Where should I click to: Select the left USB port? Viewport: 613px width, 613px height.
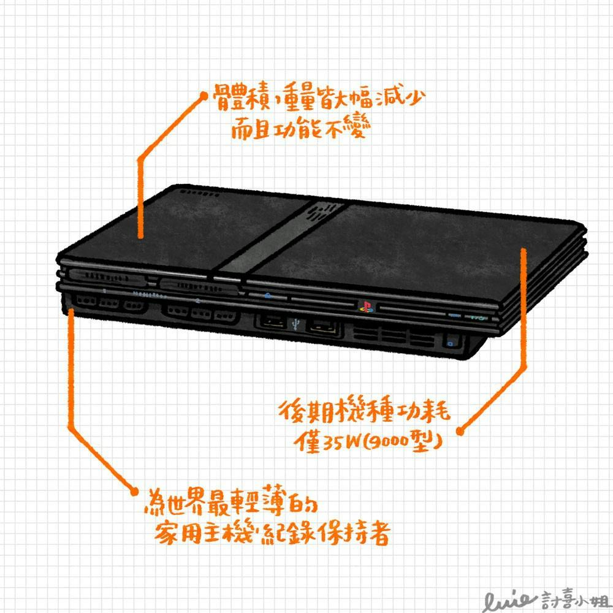pyautogui.click(x=273, y=322)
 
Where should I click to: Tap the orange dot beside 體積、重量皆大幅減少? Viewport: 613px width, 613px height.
pyautogui.click(x=204, y=96)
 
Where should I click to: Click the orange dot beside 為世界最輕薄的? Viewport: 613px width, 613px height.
pyautogui.click(x=134, y=492)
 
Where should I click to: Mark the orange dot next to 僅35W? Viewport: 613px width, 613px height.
pyautogui.click(x=460, y=432)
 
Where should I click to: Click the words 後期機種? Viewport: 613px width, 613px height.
pyautogui.click(x=335, y=411)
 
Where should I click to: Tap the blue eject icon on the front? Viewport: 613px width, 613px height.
pyautogui.click(x=267, y=296)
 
